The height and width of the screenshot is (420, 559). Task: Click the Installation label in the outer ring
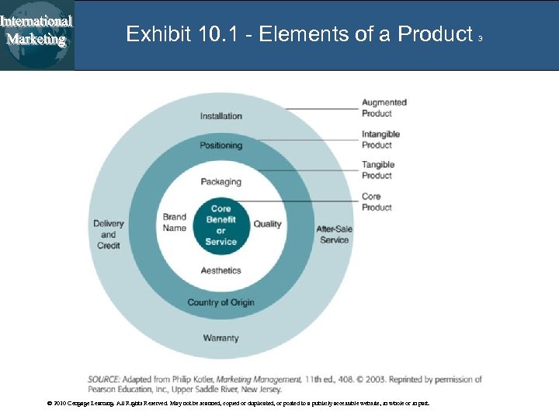[x=221, y=117]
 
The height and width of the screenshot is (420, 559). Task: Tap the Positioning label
[x=221, y=145]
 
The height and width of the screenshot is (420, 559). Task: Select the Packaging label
[x=221, y=182]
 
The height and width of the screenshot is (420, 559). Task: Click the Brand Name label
[x=175, y=222]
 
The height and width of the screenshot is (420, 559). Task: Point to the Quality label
[x=268, y=224]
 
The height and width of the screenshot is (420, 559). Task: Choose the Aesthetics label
[x=221, y=271]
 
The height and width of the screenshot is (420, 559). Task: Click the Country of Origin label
[x=221, y=303]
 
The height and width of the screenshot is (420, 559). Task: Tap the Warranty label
[x=221, y=338]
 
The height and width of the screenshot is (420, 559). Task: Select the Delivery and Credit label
[x=109, y=234]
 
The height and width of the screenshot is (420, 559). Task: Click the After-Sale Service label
[x=335, y=234]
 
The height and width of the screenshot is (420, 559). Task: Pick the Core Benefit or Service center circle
[x=221, y=225]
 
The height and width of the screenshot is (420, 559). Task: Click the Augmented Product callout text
[x=384, y=108]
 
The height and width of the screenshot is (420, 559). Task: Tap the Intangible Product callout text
[x=380, y=139]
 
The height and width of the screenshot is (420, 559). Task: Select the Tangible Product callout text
[x=378, y=170]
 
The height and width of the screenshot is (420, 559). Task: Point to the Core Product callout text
[x=377, y=202]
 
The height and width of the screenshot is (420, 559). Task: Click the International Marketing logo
[x=37, y=31]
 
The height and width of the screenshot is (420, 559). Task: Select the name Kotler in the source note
[x=200, y=380]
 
